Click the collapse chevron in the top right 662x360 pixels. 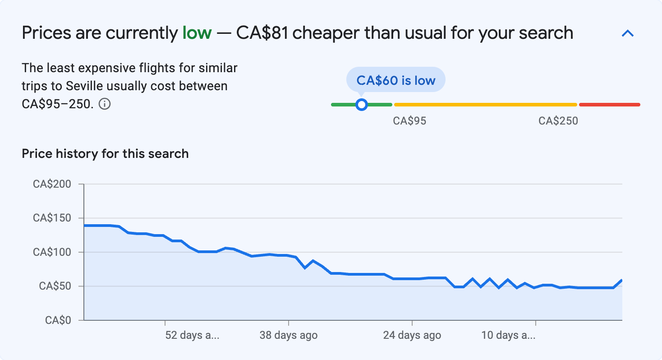pyautogui.click(x=628, y=33)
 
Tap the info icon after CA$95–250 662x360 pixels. pyautogui.click(x=105, y=104)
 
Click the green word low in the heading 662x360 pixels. pyautogui.click(x=197, y=33)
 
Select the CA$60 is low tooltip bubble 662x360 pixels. pyautogui.click(x=395, y=80)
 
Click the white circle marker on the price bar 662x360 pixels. pyautogui.click(x=361, y=105)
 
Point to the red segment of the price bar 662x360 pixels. pyautogui.click(x=609, y=105)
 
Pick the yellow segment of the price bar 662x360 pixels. pyautogui.click(x=485, y=105)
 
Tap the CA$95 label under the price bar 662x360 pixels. pyautogui.click(x=409, y=121)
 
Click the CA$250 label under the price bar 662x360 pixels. pyautogui.click(x=558, y=121)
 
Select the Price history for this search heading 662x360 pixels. pyautogui.click(x=105, y=154)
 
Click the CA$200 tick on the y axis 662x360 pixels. pyautogui.click(x=51, y=184)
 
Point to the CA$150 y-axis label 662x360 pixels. pyautogui.click(x=51, y=218)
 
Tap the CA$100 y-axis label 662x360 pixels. pyautogui.click(x=51, y=252)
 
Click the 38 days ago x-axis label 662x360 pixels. pyautogui.click(x=289, y=336)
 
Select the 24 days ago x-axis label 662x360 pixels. pyautogui.click(x=412, y=336)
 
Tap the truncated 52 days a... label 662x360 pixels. pyautogui.click(x=192, y=336)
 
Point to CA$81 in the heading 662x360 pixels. pyautogui.click(x=262, y=33)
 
